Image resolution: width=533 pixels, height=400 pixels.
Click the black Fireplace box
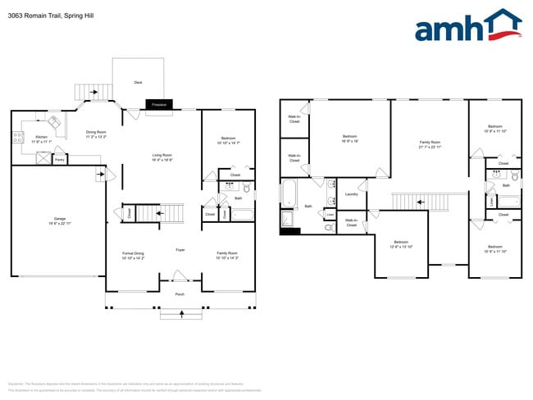click(159, 105)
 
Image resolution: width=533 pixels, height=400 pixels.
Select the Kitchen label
click(41, 139)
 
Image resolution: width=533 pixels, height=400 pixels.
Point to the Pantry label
click(60, 160)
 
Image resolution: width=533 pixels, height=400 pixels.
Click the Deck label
click(138, 82)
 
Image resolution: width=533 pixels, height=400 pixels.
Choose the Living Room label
click(162, 157)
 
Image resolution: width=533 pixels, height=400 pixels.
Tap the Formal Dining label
click(133, 256)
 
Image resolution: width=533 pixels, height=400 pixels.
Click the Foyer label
click(180, 249)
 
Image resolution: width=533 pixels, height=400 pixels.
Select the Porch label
click(180, 293)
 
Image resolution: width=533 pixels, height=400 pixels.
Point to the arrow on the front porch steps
click(180, 314)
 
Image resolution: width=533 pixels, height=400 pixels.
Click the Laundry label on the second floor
click(351, 194)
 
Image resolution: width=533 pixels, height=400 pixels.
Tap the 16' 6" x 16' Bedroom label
click(349, 138)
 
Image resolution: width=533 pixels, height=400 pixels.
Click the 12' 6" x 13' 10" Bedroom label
click(401, 243)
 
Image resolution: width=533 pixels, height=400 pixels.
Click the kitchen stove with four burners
click(17, 139)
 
